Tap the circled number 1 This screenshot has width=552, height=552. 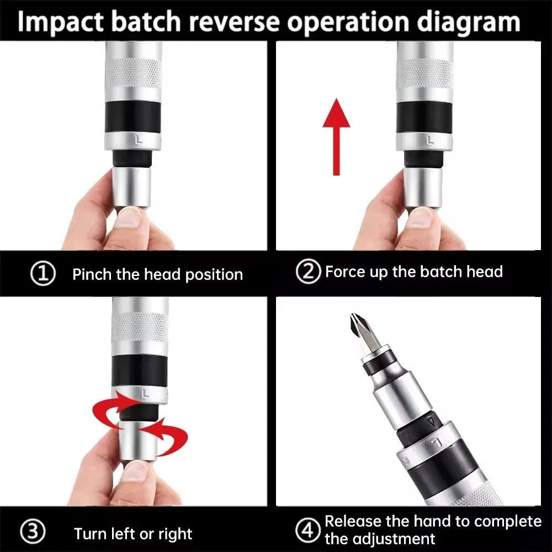pos(44,274)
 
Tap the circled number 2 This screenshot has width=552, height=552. pos(308,272)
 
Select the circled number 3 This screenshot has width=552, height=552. pos(33,533)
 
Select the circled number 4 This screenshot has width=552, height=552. pos(307,530)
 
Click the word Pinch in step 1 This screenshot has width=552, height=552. pos(93,274)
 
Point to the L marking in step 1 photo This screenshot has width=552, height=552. pos(139,141)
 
